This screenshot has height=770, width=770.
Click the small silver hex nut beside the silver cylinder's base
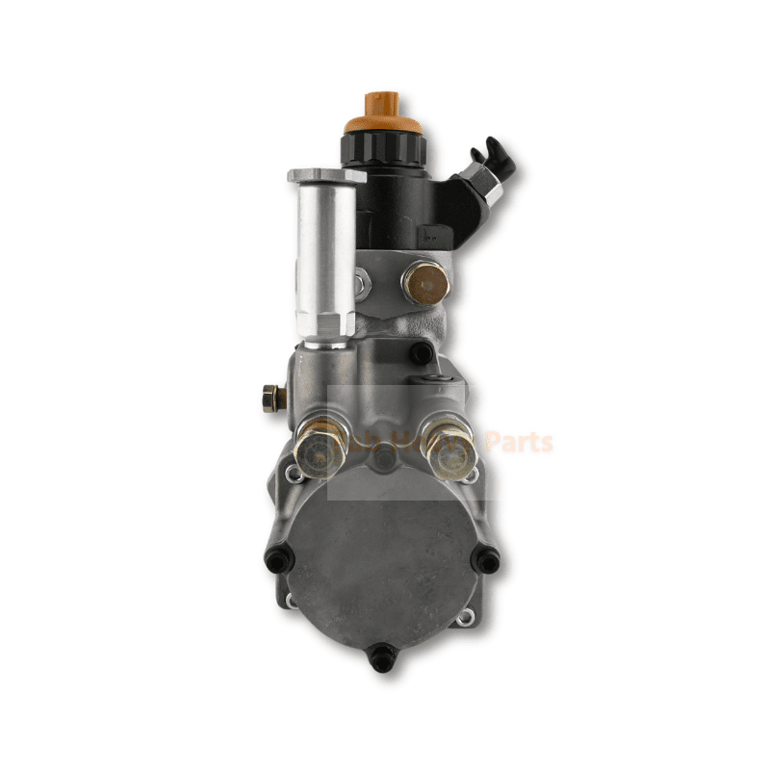[x=360, y=283]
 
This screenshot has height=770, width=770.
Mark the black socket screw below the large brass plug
[x=421, y=353]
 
